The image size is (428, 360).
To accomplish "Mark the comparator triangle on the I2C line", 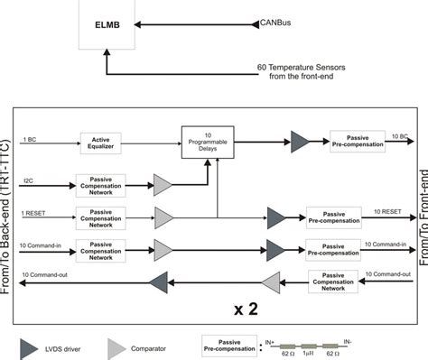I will [162, 184].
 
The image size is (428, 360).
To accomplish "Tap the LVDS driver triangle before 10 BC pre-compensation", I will [298, 140].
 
